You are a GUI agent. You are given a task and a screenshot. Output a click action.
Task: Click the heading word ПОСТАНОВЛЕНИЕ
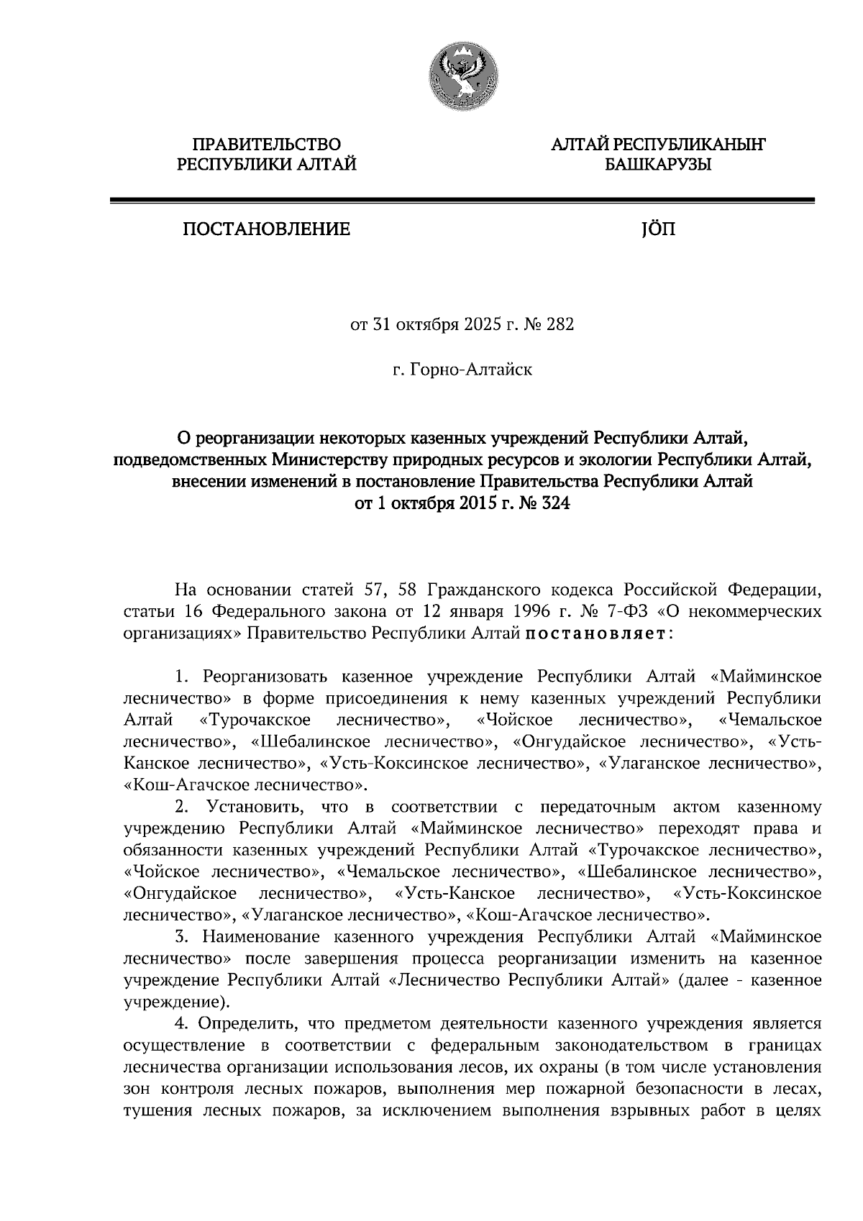pos(266,229)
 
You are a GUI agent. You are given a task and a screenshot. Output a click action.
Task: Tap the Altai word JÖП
pos(657,229)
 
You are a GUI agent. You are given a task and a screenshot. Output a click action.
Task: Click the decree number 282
pos(560,325)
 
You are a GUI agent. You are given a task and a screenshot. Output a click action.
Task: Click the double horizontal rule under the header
pos(462,201)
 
